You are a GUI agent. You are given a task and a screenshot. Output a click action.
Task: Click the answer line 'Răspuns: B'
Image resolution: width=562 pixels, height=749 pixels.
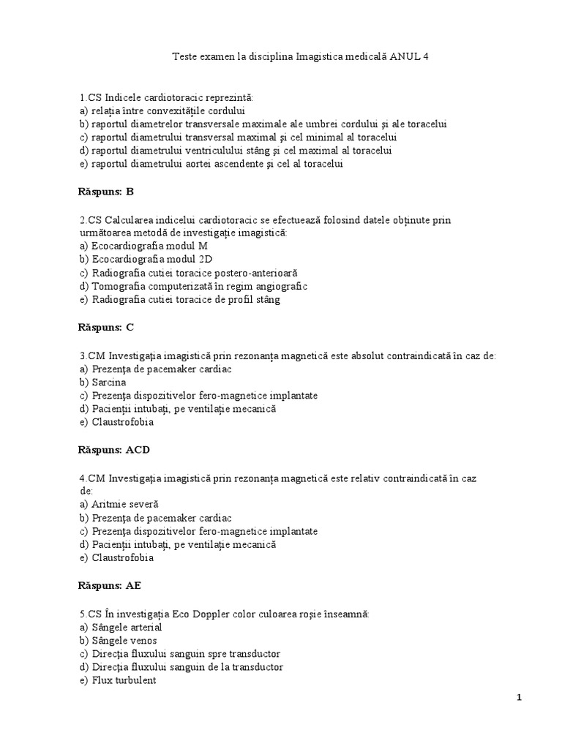[106, 192]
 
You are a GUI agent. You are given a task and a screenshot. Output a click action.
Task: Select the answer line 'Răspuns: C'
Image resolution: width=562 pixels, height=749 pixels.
[106, 327]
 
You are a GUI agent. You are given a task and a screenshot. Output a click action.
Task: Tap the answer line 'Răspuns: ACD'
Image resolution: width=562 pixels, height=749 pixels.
[113, 449]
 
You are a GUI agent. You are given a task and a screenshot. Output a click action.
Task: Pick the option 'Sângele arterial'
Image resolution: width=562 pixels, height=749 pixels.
[121, 627]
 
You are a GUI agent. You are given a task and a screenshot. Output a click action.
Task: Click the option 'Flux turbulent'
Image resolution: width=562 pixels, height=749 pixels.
[118, 680]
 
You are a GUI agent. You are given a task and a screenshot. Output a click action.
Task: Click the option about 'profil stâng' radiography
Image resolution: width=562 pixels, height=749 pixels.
[180, 299]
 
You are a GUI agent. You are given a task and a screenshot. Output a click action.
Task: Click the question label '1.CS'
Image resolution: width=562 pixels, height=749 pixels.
[91, 97]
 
